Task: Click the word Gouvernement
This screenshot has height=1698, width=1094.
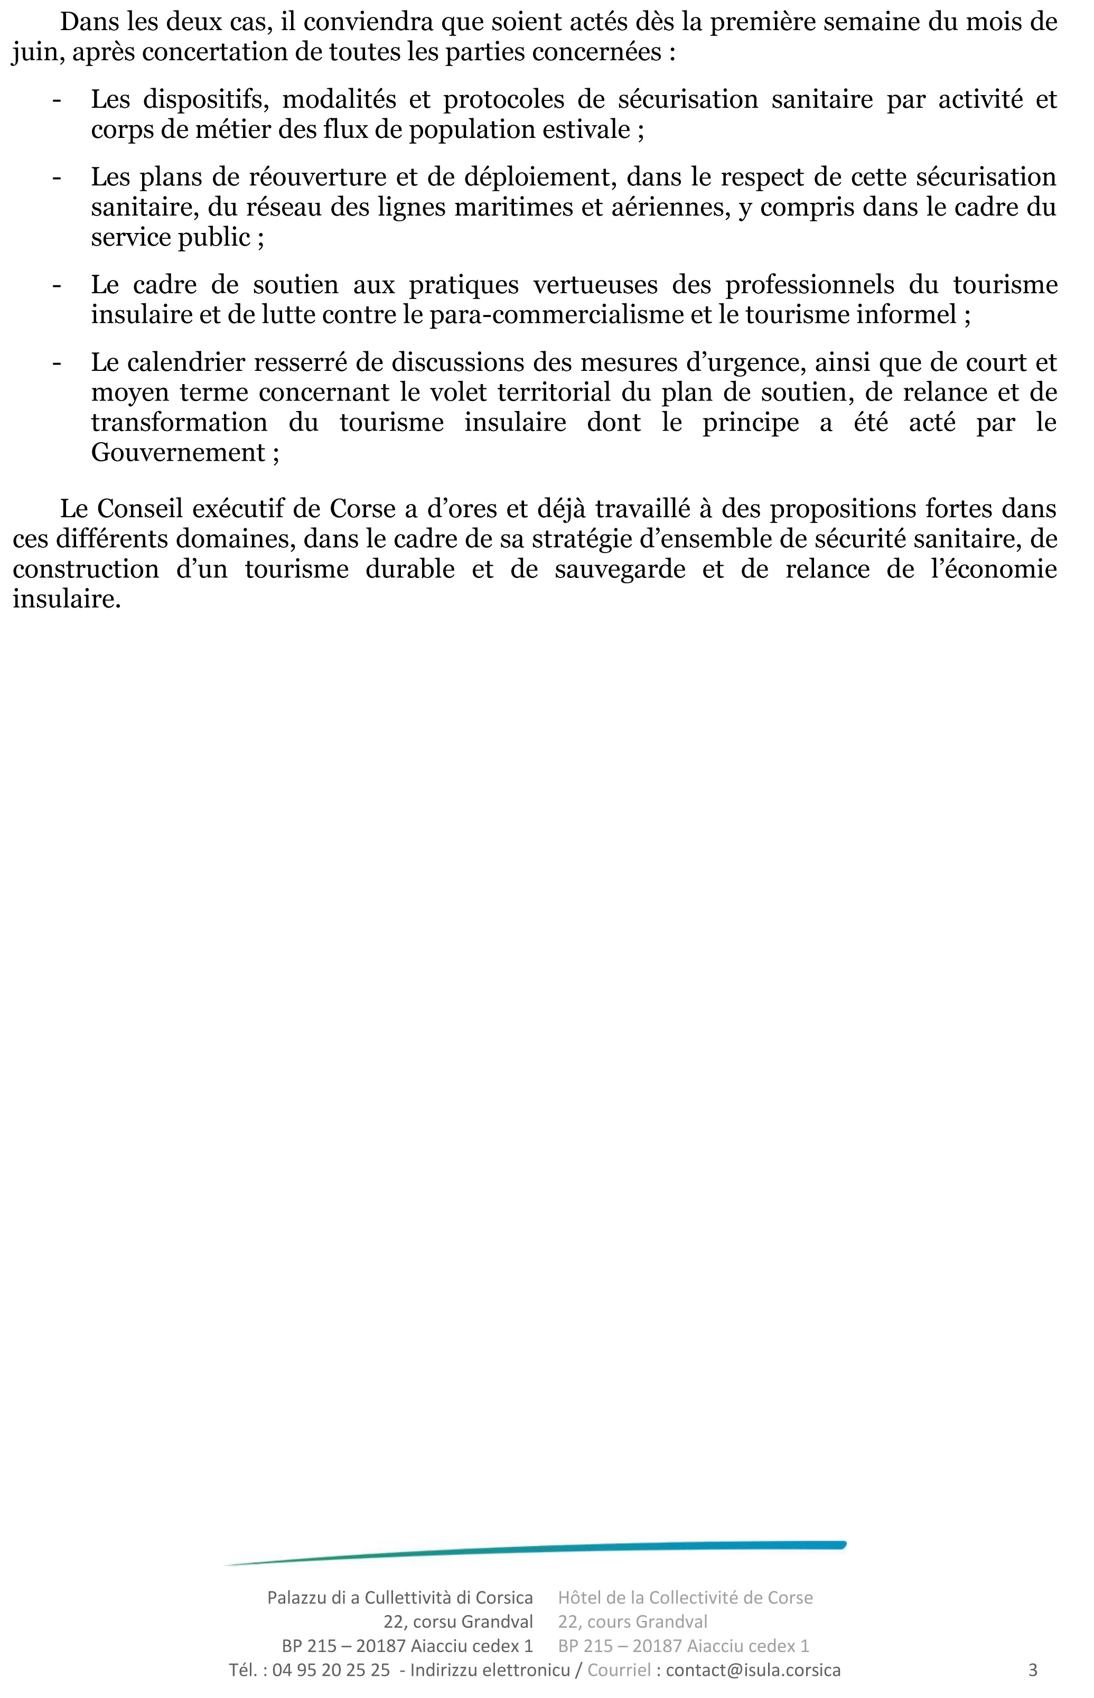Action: pyautogui.click(x=177, y=453)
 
